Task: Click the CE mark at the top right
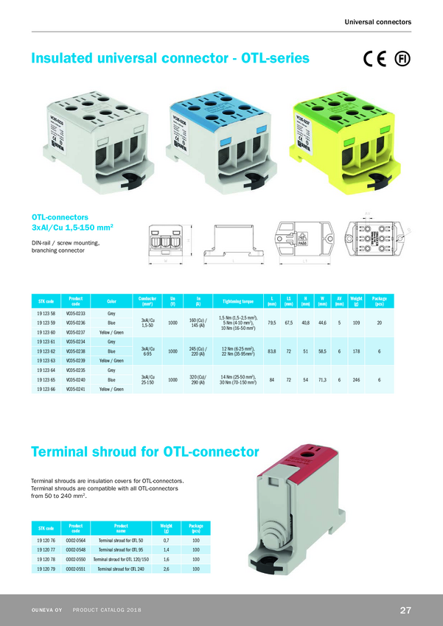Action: (x=375, y=60)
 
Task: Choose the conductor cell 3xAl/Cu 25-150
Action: (x=147, y=379)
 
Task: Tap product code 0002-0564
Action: (x=77, y=541)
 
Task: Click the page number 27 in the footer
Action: (x=405, y=611)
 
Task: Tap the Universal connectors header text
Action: (x=377, y=22)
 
